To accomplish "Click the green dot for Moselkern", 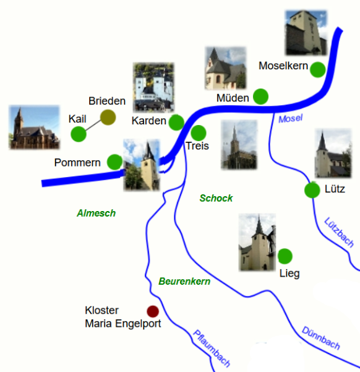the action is [x=318, y=69].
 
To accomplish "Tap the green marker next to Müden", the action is [x=260, y=97].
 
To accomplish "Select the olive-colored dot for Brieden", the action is [x=108, y=117].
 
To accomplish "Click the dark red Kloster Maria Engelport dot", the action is [x=153, y=311].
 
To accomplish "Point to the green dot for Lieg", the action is [x=285, y=256].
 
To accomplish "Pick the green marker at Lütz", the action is [x=312, y=190].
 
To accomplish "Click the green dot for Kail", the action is [x=79, y=134].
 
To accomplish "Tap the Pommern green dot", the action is [x=115, y=162].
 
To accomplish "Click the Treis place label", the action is [x=197, y=145].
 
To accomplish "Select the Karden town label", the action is [x=149, y=121].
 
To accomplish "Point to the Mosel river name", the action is [x=291, y=118].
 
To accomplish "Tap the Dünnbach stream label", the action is [x=321, y=338].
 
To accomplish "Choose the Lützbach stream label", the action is [x=339, y=232].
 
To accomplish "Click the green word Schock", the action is [x=216, y=198].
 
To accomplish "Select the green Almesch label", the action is [x=96, y=213].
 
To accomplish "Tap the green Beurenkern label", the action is [x=184, y=281].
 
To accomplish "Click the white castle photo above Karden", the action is [x=153, y=87].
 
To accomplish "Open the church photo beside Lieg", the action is [x=257, y=242].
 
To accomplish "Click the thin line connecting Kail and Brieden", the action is [x=93, y=126].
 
